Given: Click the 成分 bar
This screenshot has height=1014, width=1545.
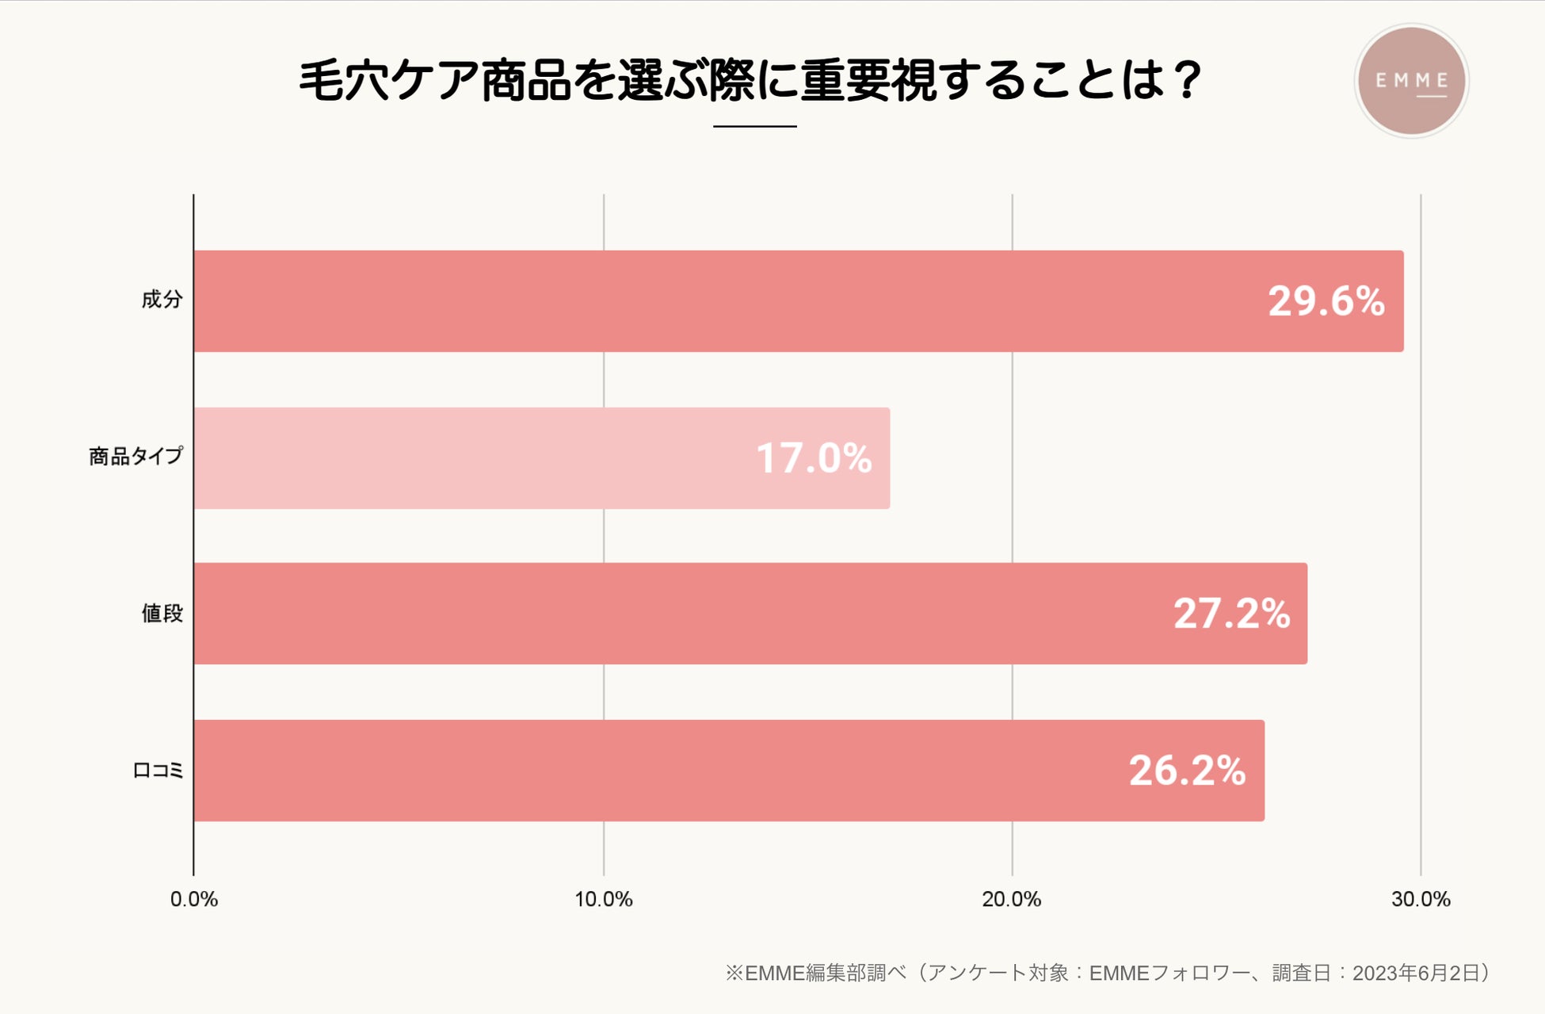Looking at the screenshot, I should point(713,301).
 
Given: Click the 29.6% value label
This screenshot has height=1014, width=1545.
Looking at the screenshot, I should point(1326,301).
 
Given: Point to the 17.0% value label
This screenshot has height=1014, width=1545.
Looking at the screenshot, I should point(814,458).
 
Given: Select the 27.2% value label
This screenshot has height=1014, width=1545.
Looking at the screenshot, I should point(1231,614).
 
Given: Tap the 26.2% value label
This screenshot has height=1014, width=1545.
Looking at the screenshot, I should point(1187,771).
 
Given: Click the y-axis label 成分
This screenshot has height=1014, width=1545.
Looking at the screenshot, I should point(162,300).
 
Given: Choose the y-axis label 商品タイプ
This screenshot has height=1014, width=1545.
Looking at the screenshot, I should point(135,457).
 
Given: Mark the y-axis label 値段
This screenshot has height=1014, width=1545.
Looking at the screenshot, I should point(162,614).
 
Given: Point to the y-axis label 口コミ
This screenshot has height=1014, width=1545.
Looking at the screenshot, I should point(158,771).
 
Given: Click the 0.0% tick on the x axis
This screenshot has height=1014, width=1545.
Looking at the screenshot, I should point(194,900).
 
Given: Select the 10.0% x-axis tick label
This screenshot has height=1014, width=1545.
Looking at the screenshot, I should point(603,900).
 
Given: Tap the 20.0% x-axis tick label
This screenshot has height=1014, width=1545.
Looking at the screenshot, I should point(1011,900).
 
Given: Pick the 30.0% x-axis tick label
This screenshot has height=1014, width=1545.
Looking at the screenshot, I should point(1420,900).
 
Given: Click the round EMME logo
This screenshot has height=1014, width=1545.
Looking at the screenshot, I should point(1411,81).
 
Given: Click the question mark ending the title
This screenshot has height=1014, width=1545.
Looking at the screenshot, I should point(1186,81).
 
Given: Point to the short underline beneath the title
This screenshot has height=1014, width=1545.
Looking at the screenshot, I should point(754,126).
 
